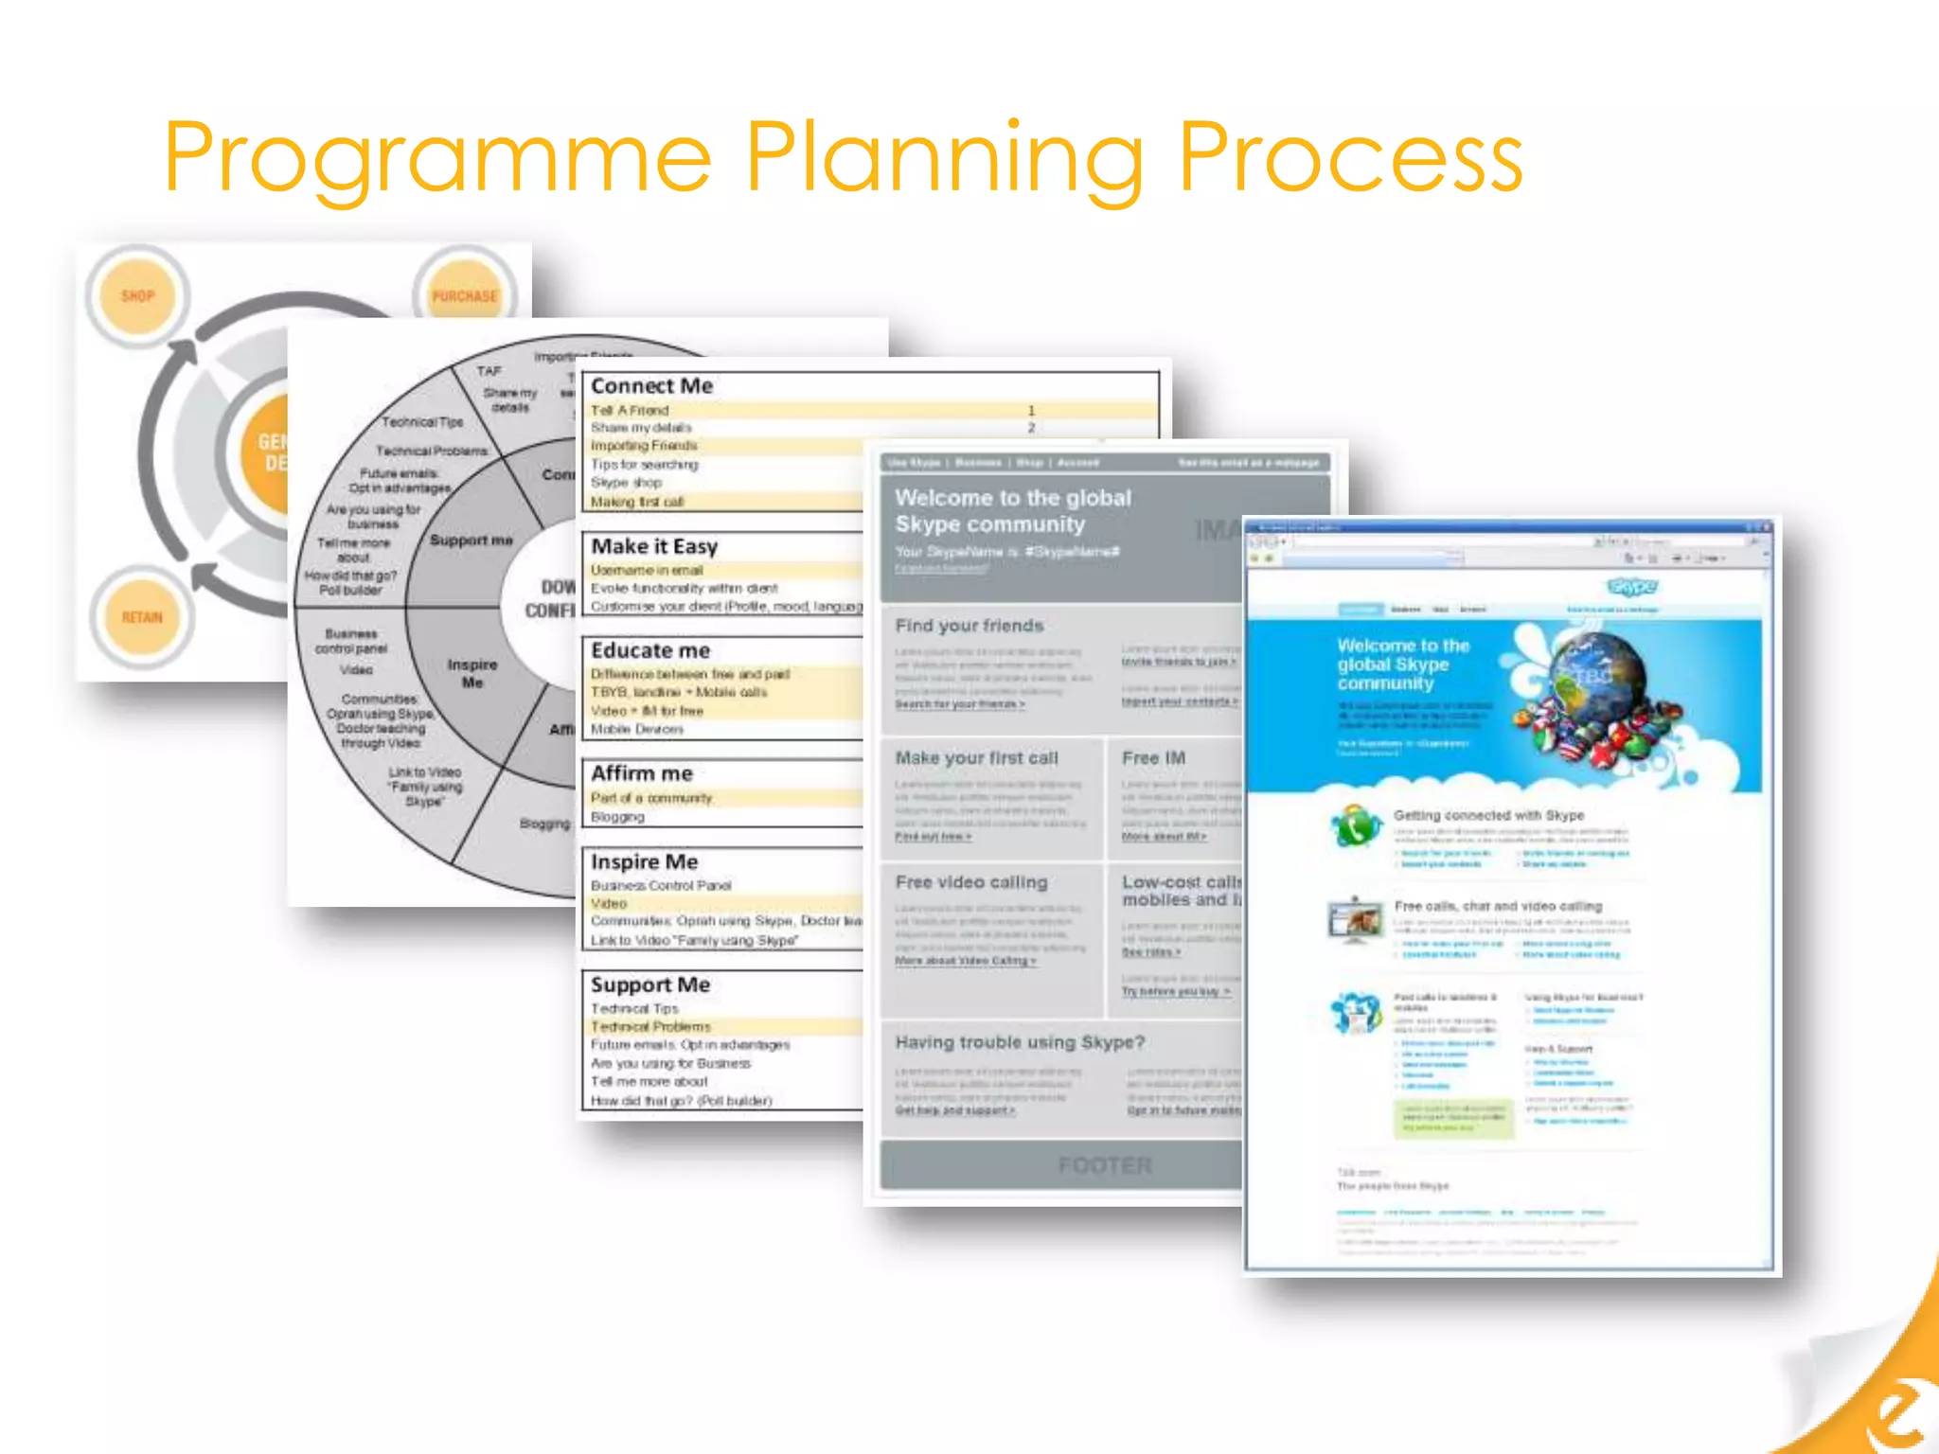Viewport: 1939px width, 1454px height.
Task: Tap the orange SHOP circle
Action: point(138,296)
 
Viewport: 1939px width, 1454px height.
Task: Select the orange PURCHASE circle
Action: point(464,294)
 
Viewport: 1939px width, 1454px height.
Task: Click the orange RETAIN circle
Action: point(142,617)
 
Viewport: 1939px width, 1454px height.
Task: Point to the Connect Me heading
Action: point(651,386)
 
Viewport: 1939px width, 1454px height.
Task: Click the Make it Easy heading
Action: point(654,546)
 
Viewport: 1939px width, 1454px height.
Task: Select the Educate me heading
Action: point(650,650)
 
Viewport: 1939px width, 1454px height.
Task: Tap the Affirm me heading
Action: point(642,773)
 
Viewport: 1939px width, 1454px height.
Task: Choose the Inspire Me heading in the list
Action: point(644,861)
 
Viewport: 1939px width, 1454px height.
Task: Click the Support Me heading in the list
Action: point(650,984)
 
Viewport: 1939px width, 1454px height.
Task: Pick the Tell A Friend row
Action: point(631,410)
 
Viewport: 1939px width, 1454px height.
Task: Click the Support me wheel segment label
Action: point(471,540)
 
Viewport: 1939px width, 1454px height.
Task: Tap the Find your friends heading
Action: point(969,626)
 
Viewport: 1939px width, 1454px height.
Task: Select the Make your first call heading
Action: point(976,758)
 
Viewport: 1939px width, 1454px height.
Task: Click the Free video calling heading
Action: point(971,882)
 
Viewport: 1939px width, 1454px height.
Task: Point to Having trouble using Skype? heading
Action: point(1020,1042)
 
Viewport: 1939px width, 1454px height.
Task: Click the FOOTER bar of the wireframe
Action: point(1060,1165)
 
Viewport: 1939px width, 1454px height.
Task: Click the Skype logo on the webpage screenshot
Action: point(1632,588)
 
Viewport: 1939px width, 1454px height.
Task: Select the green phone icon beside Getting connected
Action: point(1355,826)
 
